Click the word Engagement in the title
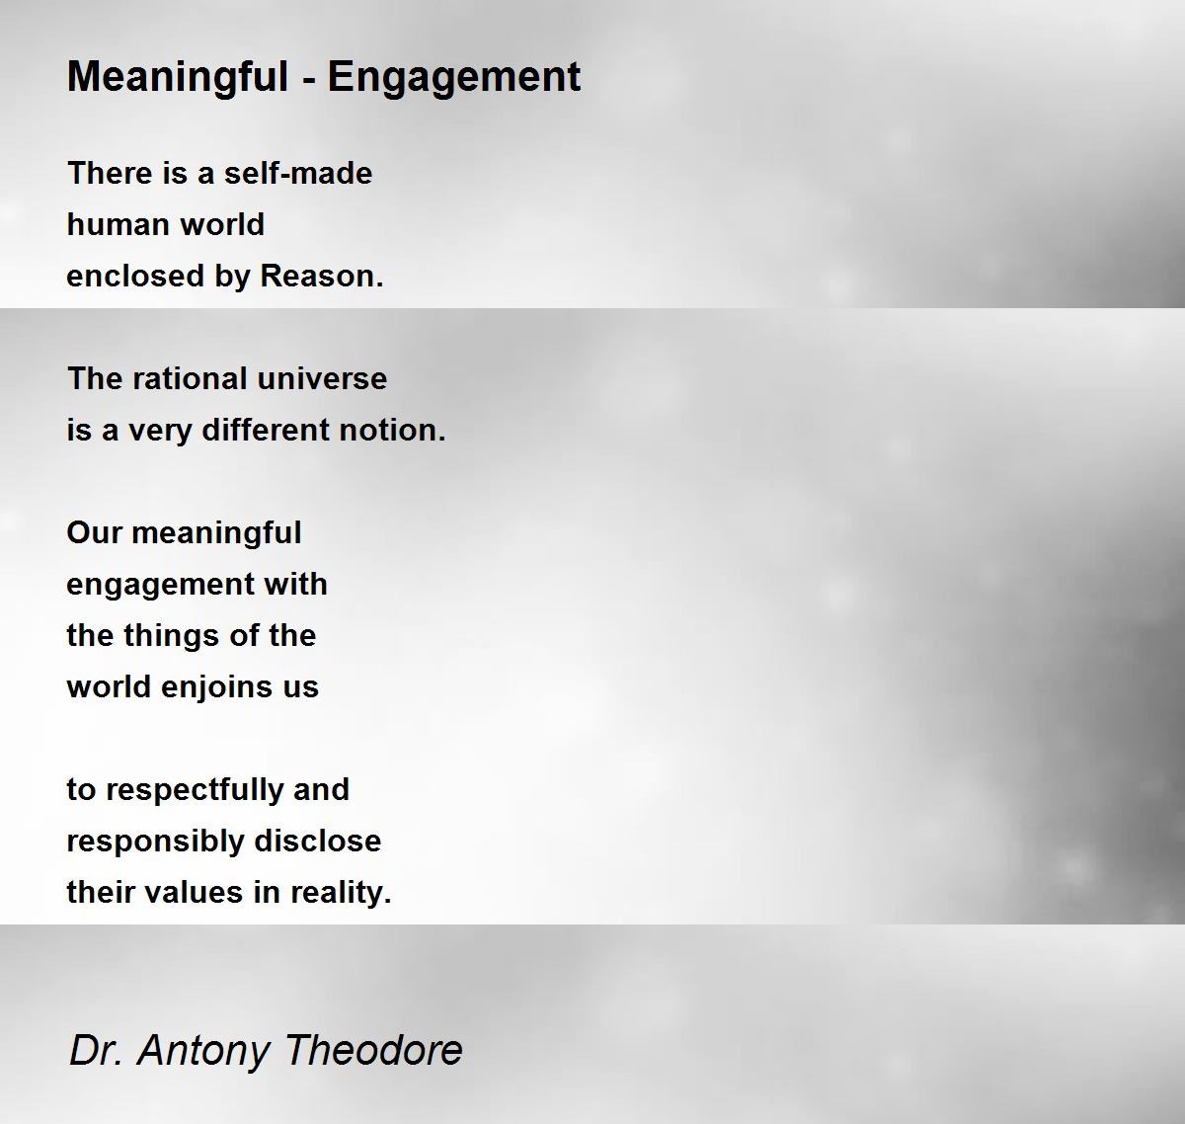click(454, 78)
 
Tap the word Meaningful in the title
click(178, 78)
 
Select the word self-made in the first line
click(298, 173)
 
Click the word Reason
click(321, 277)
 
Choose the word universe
click(322, 378)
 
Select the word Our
click(94, 533)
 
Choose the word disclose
click(318, 842)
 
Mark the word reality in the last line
click(341, 893)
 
